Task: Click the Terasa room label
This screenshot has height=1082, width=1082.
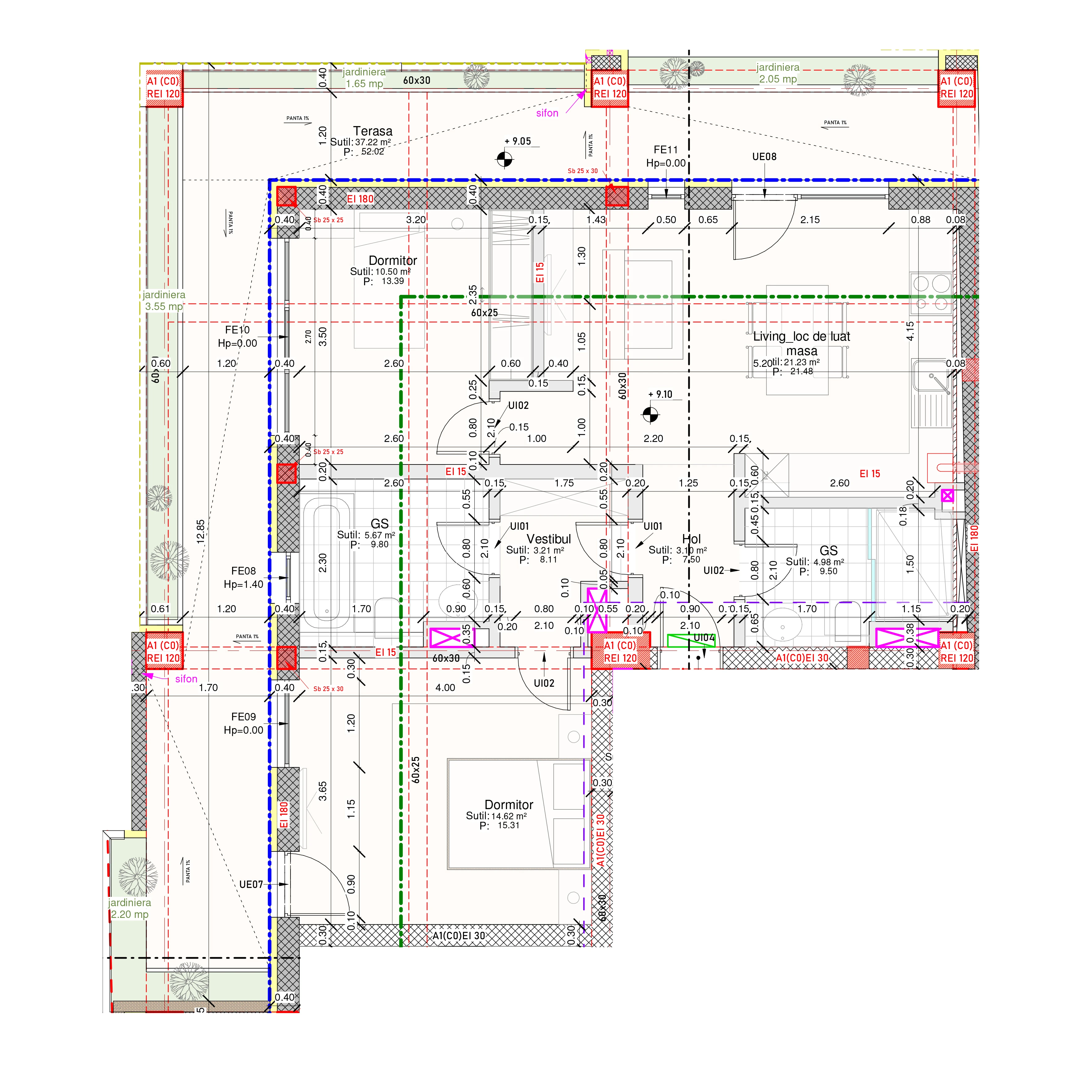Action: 372,131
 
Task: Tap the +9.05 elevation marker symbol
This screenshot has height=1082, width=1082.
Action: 504,159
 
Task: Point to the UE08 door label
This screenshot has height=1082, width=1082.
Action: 764,157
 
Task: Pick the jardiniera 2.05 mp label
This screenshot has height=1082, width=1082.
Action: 778,73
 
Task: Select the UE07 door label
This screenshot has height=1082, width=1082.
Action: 251,884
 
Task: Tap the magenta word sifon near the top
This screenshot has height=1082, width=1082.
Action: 547,113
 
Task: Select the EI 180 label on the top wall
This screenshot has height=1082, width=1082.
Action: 359,199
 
